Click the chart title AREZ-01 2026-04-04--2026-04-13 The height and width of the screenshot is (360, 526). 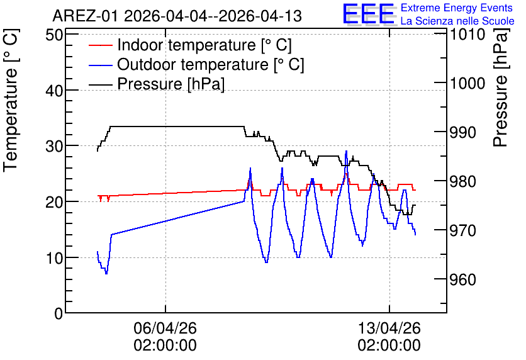click(177, 16)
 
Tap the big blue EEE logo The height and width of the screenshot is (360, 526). click(368, 14)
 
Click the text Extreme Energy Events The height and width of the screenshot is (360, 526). click(457, 8)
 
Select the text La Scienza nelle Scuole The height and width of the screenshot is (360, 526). click(457, 21)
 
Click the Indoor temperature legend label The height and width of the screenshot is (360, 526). click(204, 45)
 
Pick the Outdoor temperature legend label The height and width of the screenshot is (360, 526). click(210, 64)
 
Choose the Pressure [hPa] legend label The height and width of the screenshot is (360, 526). click(171, 84)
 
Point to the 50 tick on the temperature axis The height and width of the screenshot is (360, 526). click(54, 35)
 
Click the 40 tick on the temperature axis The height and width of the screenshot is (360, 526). click(54, 90)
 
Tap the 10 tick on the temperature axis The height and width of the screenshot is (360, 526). click(54, 258)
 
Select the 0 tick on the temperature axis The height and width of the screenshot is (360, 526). click(59, 313)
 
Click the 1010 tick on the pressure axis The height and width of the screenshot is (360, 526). click(467, 34)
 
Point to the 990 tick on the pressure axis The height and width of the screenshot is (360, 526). click(462, 133)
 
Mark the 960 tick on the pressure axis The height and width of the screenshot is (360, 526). click(462, 279)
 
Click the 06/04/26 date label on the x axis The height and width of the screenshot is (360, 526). click(165, 328)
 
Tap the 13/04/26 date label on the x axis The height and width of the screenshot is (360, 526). click(389, 328)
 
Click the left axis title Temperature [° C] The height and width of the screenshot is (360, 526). click(11, 100)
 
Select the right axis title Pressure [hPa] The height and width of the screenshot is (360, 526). click(501, 87)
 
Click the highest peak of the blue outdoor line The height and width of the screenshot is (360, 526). click(346, 151)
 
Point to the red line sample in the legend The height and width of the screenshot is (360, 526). click(100, 45)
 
